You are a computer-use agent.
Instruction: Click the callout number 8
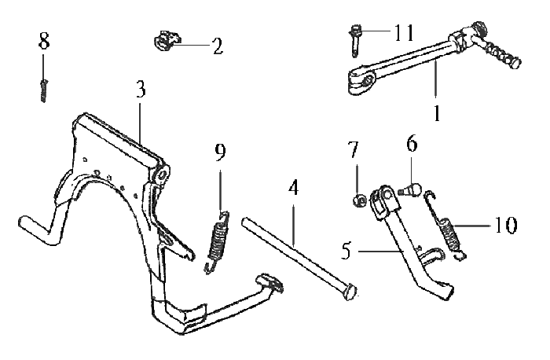(44, 40)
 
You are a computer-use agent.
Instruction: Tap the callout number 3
(140, 89)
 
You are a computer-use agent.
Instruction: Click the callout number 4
(293, 189)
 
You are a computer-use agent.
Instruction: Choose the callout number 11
(404, 34)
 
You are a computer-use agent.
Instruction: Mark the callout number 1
(436, 112)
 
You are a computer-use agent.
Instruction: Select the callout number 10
(506, 226)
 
